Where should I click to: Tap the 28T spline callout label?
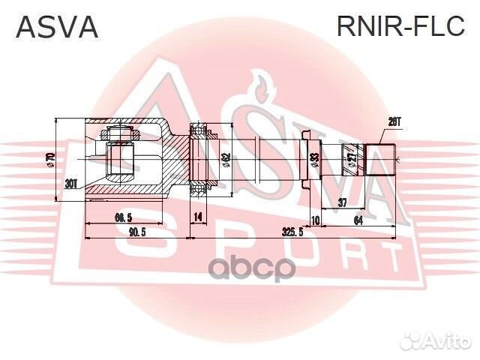(394, 121)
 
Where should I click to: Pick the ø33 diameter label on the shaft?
(315, 160)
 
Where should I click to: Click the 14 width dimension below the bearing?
(198, 217)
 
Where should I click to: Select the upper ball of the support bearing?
(199, 134)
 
